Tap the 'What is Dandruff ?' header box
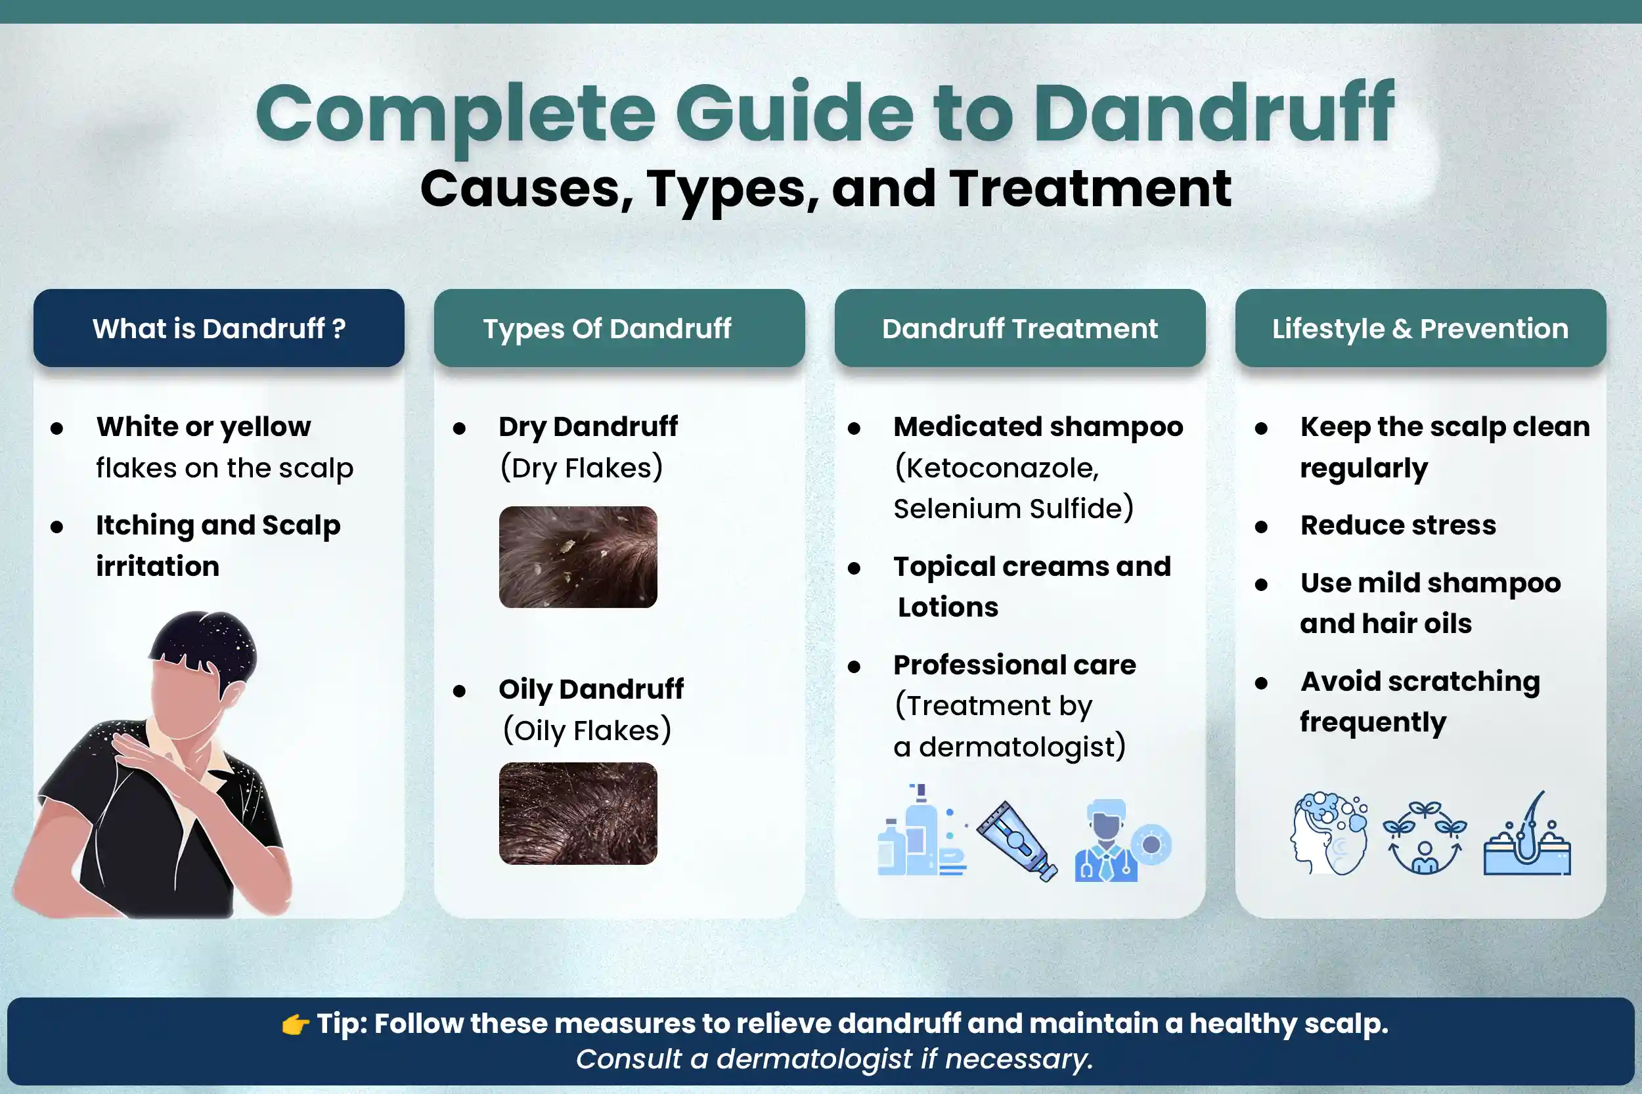(x=219, y=328)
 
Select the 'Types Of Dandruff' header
(x=619, y=328)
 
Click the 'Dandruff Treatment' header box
(x=1019, y=328)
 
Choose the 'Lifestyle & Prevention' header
(x=1420, y=328)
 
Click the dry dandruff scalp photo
(x=578, y=557)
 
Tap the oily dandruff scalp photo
(x=578, y=814)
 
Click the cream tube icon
(x=1016, y=840)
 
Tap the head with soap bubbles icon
(x=1329, y=833)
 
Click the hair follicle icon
(x=1527, y=835)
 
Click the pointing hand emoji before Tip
(x=295, y=1024)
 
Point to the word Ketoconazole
(x=996, y=468)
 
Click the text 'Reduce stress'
(x=1398, y=525)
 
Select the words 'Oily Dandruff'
(x=590, y=689)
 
